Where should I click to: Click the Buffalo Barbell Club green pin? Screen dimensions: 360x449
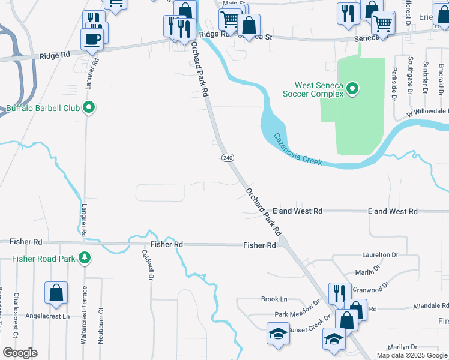pyautogui.click(x=89, y=109)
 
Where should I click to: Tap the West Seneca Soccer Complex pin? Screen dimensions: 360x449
pyautogui.click(x=353, y=90)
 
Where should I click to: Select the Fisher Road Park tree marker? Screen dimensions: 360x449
pyautogui.click(x=85, y=257)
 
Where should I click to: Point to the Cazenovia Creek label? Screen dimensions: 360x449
pyautogui.click(x=298, y=149)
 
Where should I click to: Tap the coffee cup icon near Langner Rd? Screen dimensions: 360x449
pyautogui.click(x=92, y=40)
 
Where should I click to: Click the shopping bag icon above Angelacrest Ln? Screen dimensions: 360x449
pyautogui.click(x=56, y=293)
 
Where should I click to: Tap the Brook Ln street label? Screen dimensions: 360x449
pyautogui.click(x=274, y=299)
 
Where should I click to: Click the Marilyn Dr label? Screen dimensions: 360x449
pyautogui.click(x=402, y=347)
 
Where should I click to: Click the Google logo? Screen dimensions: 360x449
pyautogui.click(x=20, y=353)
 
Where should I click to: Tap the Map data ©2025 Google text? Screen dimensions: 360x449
pyautogui.click(x=411, y=355)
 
